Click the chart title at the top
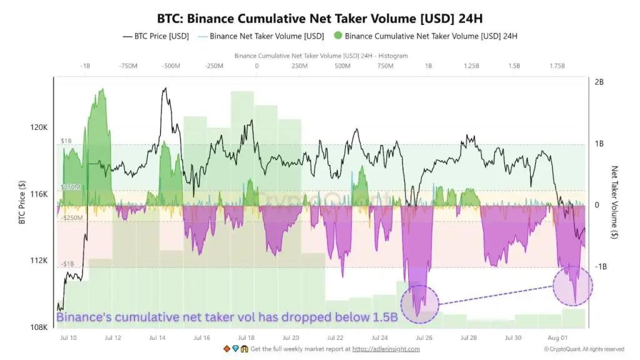tap(319, 18)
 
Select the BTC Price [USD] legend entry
tap(156, 36)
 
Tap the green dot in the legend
tap(337, 36)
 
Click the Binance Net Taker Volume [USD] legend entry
tap(261, 36)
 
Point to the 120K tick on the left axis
tap(39, 127)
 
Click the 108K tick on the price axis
tap(39, 327)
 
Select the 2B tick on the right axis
tap(599, 82)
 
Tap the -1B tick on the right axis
tap(601, 266)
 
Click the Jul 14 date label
tap(157, 337)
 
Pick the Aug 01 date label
tap(557, 337)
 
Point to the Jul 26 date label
tap(424, 337)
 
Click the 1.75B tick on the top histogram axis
tap(557, 66)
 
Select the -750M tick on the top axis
tap(128, 66)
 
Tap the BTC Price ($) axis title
tap(22, 202)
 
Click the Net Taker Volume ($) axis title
tap(614, 202)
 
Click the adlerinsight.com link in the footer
tap(386, 349)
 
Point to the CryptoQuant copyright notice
tap(584, 349)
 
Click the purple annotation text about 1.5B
tap(227, 317)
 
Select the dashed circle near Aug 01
tap(554, 286)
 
